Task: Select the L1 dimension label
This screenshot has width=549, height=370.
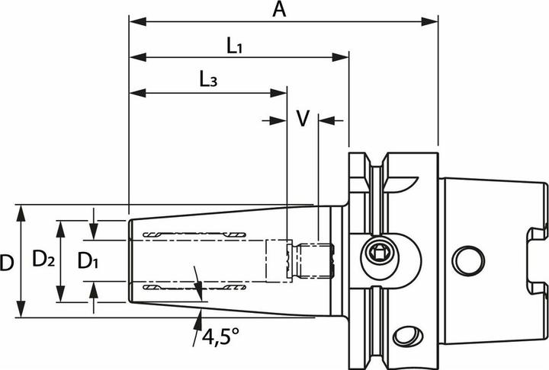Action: [x=234, y=45]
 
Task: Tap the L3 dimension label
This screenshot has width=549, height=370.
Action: [x=208, y=80]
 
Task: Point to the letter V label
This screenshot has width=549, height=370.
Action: [x=303, y=119]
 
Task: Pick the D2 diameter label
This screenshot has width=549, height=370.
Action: [x=43, y=260]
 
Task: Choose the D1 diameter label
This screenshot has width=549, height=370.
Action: [x=88, y=260]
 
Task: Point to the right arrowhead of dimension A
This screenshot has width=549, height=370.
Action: [x=434, y=21]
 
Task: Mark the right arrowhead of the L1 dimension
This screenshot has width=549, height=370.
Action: [x=344, y=56]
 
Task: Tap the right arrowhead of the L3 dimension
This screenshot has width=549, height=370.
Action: [x=282, y=92]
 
